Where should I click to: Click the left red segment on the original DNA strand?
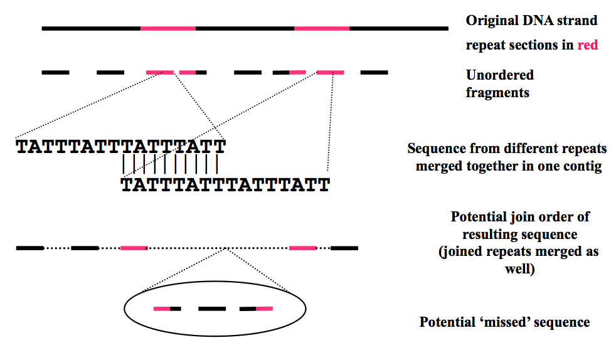pos(168,28)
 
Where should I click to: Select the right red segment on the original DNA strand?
pos(322,28)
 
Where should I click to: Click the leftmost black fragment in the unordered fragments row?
pos(55,73)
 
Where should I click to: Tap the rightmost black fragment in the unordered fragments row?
pos(374,73)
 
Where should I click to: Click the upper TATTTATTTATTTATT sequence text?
pos(120,147)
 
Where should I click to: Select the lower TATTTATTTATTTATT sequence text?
pos(225,185)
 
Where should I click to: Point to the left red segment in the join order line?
pos(134,248)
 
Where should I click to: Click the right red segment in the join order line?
pos(302,248)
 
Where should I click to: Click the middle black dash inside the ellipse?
pos(212,309)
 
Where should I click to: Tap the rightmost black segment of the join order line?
pos(344,248)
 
